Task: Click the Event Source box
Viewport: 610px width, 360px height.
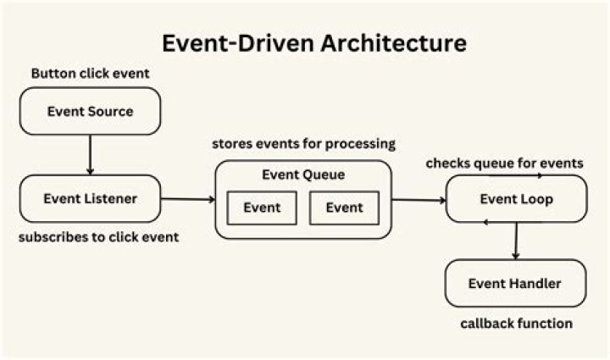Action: [90, 111]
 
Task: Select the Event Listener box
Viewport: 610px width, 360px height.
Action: [90, 199]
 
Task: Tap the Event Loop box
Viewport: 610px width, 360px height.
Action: [515, 200]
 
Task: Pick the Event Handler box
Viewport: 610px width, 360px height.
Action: [515, 283]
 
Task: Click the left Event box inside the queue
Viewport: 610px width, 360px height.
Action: [262, 208]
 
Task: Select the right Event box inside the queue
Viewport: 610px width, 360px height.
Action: [344, 208]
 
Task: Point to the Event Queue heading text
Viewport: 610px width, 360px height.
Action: [302, 176]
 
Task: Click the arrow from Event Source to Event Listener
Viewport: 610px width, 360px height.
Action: [90, 155]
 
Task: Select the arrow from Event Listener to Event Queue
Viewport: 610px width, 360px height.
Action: [188, 200]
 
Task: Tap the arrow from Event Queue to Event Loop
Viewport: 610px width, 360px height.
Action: [419, 201]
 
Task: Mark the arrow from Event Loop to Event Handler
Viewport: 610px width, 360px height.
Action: [515, 241]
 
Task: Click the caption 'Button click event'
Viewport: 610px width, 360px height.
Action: [90, 74]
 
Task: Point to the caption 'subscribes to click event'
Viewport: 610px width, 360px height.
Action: [98, 237]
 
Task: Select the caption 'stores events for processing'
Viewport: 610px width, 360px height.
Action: [303, 143]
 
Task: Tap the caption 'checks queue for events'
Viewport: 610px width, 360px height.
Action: [505, 162]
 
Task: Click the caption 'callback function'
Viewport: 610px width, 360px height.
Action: [516, 323]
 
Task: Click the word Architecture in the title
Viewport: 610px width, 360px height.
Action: [380, 42]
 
